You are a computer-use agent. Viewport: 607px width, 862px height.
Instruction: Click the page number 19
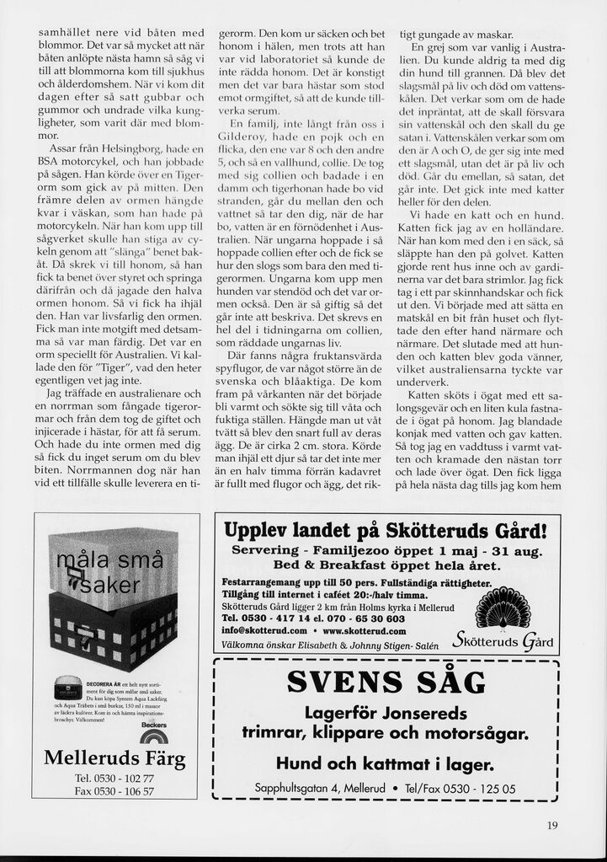[551, 826]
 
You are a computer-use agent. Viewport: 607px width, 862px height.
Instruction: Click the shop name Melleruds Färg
[114, 758]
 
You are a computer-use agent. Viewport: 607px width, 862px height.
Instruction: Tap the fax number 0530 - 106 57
[114, 791]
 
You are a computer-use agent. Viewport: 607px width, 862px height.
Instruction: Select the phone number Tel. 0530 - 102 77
[114, 778]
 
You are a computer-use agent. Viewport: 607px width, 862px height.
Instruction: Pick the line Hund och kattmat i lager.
[386, 764]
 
